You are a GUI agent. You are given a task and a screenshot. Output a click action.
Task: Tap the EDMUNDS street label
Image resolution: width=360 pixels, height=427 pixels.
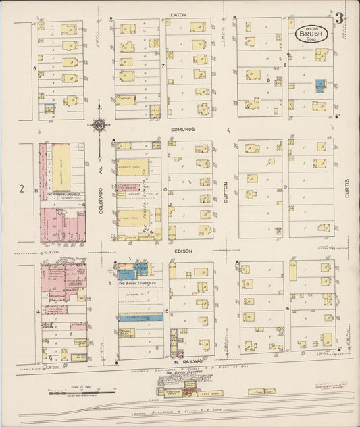point(182,128)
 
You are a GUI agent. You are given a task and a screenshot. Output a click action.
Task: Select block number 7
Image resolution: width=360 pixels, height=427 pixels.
point(163,66)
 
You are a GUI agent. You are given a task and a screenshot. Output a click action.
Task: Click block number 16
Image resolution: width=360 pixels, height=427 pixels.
point(286,308)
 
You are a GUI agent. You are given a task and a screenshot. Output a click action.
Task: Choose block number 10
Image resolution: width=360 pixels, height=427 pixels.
point(164,189)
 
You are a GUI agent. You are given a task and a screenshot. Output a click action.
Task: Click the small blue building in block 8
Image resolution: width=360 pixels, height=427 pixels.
point(319,86)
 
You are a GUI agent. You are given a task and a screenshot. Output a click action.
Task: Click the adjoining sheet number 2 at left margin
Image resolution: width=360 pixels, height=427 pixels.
point(21,189)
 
